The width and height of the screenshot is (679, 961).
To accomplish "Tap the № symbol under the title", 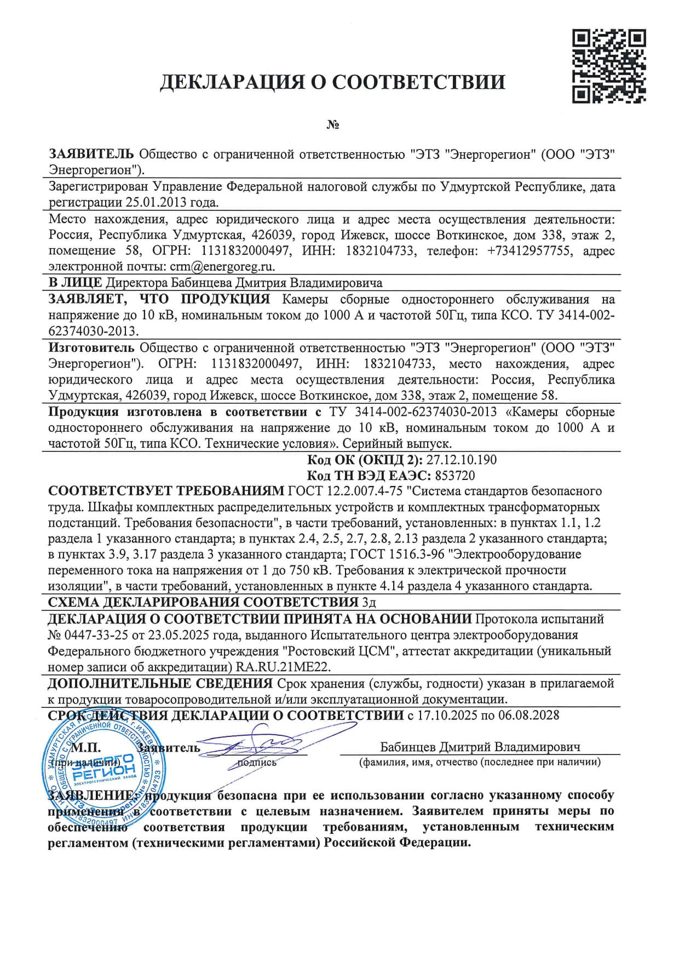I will click(x=333, y=125).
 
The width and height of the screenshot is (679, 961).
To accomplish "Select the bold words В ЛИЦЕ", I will click(x=75, y=283).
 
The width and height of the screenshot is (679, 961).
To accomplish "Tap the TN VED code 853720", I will click(x=455, y=475).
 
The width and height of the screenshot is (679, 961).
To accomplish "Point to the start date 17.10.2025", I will click(x=445, y=715).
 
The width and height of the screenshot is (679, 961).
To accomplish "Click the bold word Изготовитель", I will click(x=91, y=347).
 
